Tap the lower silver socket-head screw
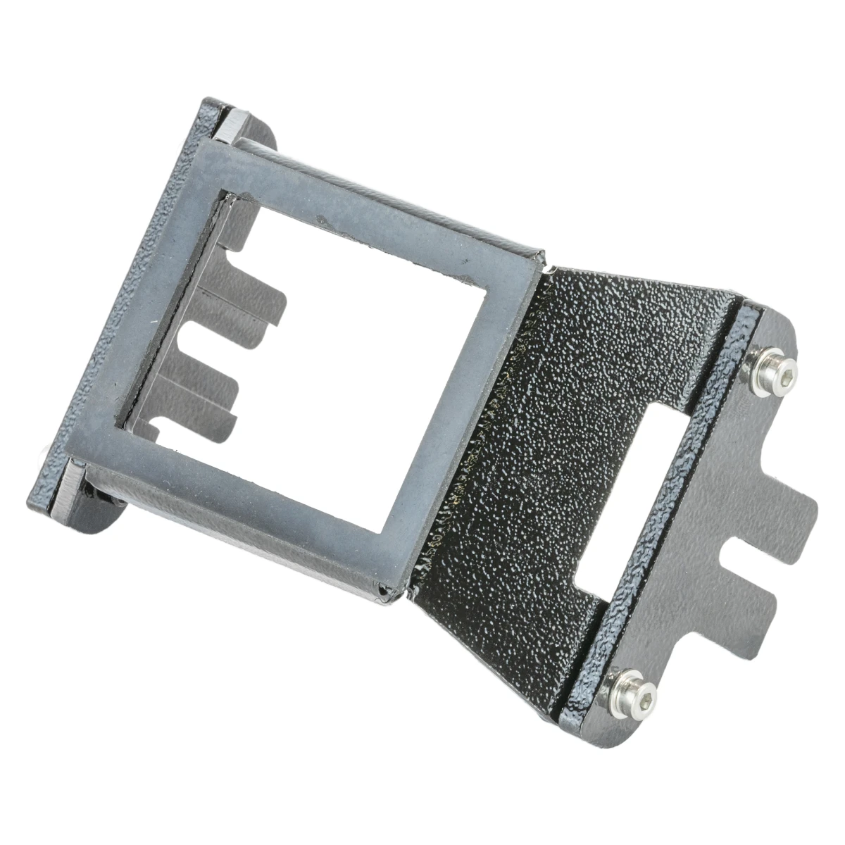(634, 690)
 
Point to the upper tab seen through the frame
(261, 296)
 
